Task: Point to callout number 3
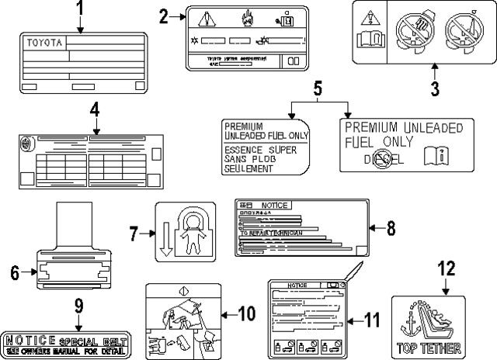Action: tap(435, 88)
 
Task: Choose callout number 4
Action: tap(94, 111)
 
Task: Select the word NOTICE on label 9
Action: tap(30, 341)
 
